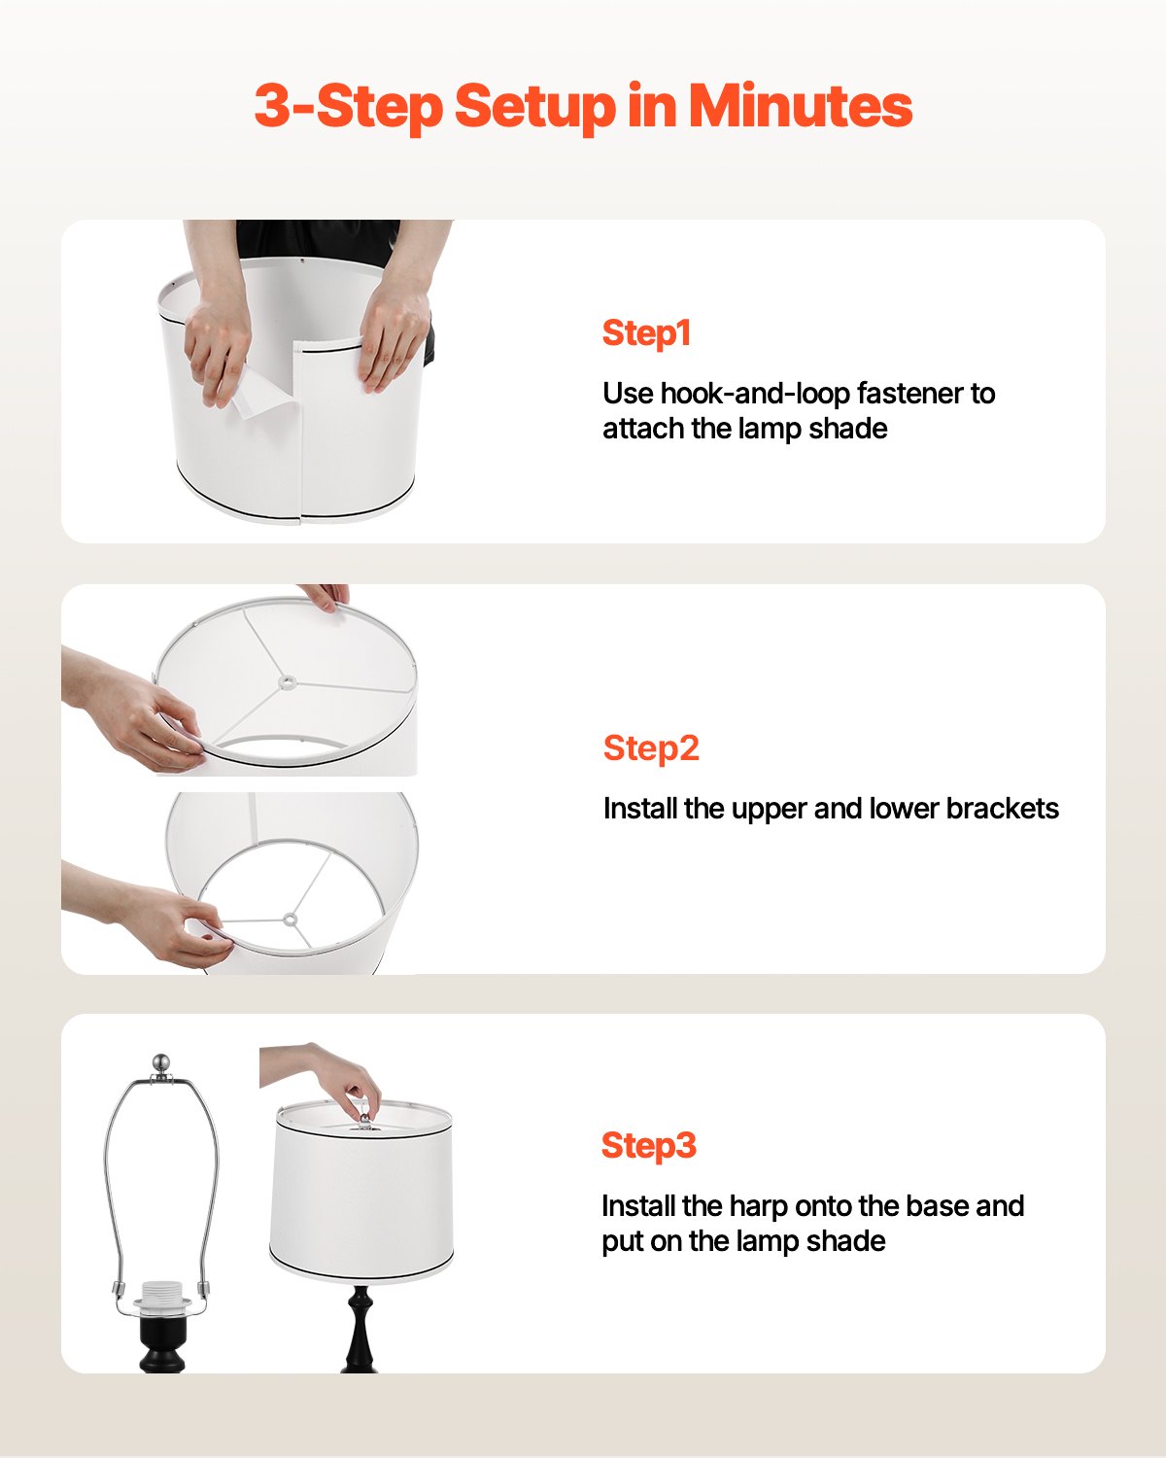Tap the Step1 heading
pyautogui.click(x=646, y=332)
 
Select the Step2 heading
pyautogui.click(x=651, y=747)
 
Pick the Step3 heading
pyautogui.click(x=649, y=1145)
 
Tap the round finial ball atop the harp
pyautogui.click(x=161, y=1062)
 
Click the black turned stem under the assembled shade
pyautogui.click(x=360, y=1327)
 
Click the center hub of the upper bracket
pyautogui.click(x=287, y=682)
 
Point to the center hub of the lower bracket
pyautogui.click(x=290, y=919)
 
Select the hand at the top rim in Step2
pyautogui.click(x=326, y=595)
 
